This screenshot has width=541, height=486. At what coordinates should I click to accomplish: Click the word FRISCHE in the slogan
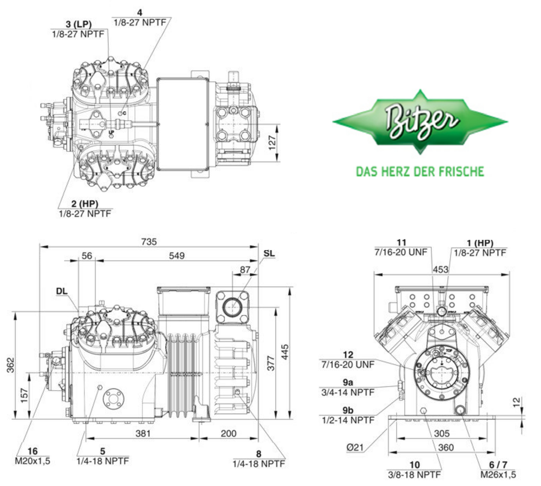(x=461, y=172)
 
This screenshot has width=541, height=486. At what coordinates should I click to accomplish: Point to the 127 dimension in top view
(x=272, y=142)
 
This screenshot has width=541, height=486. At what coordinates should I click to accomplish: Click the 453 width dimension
(x=441, y=270)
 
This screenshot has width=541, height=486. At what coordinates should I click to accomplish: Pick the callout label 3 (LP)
(x=78, y=23)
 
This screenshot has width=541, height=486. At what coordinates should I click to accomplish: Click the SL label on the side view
(x=269, y=253)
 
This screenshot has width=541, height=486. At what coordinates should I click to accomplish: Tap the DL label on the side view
(x=62, y=291)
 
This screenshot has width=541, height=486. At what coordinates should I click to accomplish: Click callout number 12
(x=349, y=355)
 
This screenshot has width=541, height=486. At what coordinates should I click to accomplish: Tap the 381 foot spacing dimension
(x=142, y=434)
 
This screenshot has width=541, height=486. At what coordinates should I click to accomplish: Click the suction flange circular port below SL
(x=233, y=306)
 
